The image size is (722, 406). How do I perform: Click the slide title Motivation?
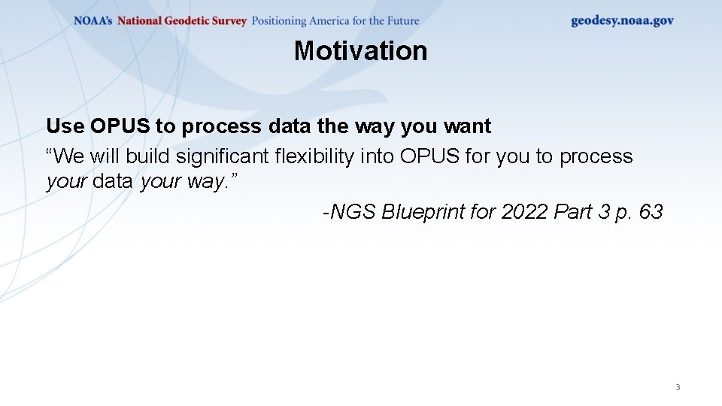(x=360, y=50)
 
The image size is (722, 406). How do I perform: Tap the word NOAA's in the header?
(x=93, y=21)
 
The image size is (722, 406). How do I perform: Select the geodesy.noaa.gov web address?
(x=622, y=21)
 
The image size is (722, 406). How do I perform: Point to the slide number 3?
(x=677, y=387)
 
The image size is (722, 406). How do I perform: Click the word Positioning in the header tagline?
(x=279, y=21)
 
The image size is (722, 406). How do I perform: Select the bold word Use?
(x=65, y=126)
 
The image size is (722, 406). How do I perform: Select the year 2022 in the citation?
(x=524, y=212)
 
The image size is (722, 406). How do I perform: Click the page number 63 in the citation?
(x=651, y=212)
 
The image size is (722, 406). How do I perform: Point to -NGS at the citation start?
(x=349, y=212)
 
